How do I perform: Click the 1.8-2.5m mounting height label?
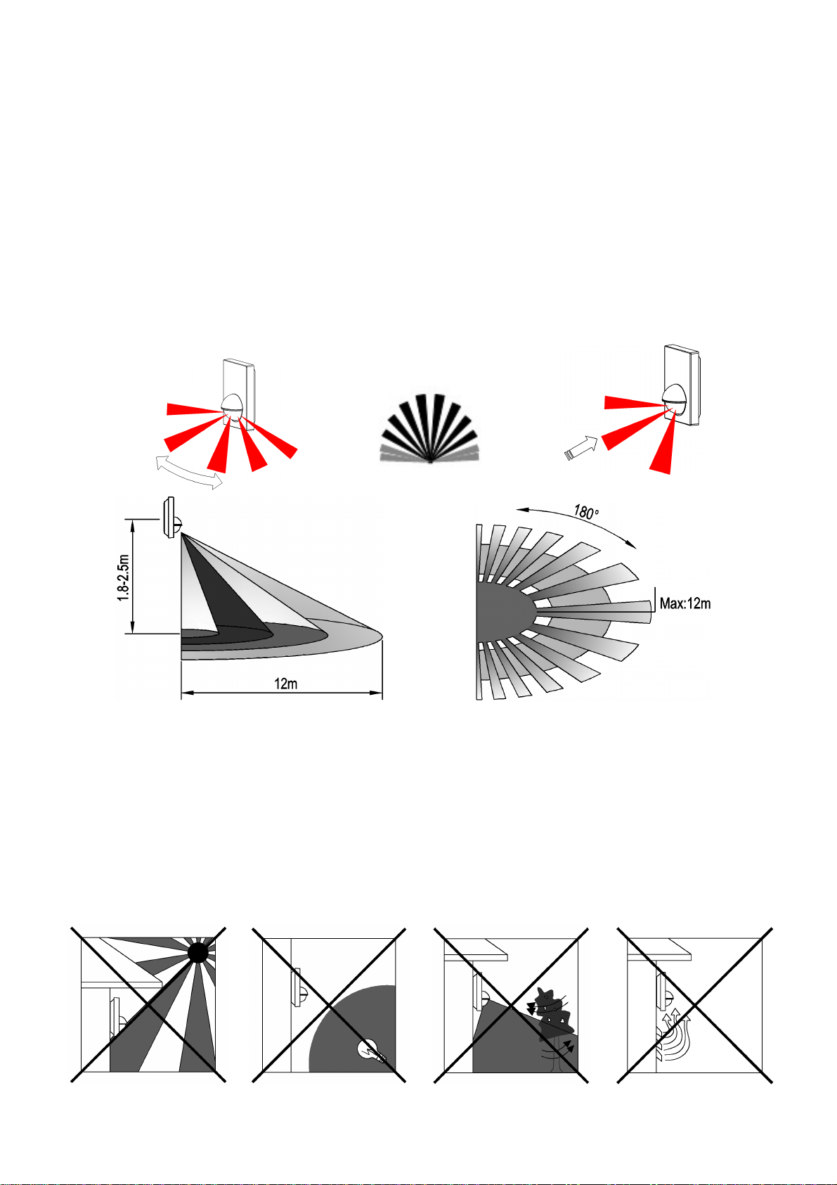coord(123,577)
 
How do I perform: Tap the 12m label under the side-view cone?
coord(285,684)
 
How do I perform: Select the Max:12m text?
coord(684,603)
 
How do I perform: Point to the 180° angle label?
coord(586,511)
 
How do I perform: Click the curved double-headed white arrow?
coord(189,473)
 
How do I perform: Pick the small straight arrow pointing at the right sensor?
coord(581,448)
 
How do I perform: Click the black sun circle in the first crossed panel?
coord(197,952)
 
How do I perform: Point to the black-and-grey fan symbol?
coord(430,429)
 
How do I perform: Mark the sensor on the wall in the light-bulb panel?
coord(298,987)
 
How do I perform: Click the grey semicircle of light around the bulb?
coord(351,1029)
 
